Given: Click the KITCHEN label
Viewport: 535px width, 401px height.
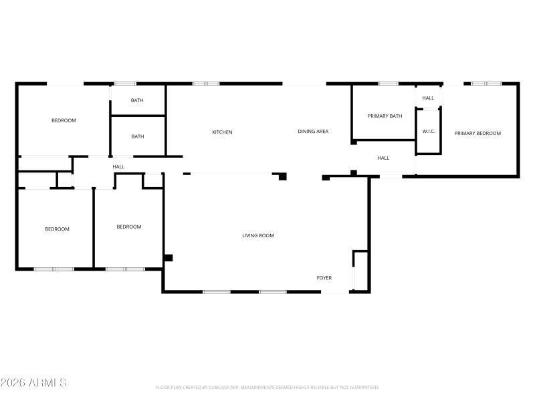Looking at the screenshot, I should click(222, 132).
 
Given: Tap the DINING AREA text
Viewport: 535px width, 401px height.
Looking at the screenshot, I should click(313, 132).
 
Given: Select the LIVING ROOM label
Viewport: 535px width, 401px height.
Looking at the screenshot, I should click(257, 235).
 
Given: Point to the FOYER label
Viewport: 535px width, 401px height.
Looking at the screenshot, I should click(324, 278).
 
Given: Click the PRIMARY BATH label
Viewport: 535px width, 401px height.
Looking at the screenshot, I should click(385, 116).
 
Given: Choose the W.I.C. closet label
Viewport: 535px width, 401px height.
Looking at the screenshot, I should click(429, 132).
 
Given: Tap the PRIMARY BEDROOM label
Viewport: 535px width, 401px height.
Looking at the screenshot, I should click(477, 134).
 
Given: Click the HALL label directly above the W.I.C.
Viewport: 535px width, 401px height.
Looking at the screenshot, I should click(428, 98).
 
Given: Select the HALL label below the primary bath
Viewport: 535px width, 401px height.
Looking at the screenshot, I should click(383, 158).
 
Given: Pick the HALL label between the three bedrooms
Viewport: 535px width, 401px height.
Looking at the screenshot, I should click(118, 167).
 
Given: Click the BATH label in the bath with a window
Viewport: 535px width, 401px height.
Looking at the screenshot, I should click(137, 101).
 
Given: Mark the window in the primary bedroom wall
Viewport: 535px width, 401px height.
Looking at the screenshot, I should click(486, 84).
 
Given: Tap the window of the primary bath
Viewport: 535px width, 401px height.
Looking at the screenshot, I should click(388, 84).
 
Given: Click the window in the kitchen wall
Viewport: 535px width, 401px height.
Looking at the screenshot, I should click(206, 84).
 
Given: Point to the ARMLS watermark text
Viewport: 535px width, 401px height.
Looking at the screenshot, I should click(33, 382).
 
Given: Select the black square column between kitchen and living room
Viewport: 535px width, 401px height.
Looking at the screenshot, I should click(282, 176).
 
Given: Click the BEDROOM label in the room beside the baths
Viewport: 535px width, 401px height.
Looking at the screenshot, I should click(64, 121).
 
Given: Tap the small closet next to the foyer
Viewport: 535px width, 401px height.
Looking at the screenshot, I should click(360, 271).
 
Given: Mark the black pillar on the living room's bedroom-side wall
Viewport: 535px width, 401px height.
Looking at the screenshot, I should click(168, 257).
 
